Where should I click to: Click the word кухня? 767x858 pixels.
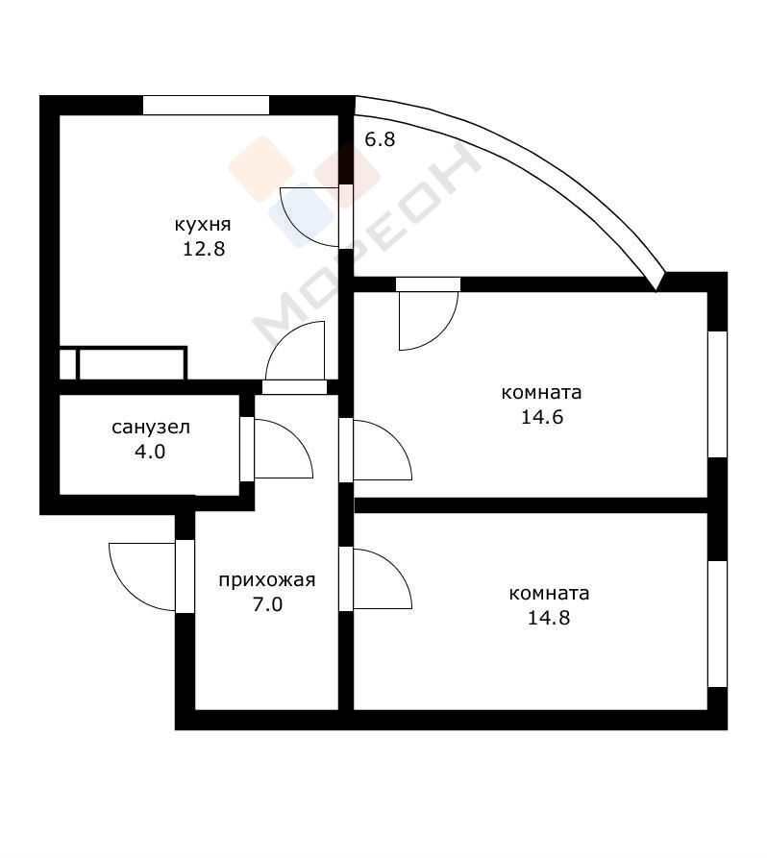tap(203, 225)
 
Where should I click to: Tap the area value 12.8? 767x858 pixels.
tap(204, 250)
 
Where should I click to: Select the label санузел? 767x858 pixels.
tap(151, 427)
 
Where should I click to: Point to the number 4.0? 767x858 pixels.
tap(150, 452)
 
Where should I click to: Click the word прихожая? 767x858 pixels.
tap(267, 580)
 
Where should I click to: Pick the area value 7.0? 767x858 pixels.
tap(268, 604)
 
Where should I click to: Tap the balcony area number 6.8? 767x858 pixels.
tap(380, 139)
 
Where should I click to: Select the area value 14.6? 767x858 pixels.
tap(542, 418)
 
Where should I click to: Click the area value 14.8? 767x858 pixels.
tap(549, 619)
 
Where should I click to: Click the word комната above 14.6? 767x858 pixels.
tap(541, 393)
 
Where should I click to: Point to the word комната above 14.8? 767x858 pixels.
tap(549, 594)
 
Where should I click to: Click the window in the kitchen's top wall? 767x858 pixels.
tap(206, 105)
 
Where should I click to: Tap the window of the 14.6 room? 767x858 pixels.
tap(718, 394)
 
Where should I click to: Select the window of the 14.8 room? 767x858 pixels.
tap(718, 624)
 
